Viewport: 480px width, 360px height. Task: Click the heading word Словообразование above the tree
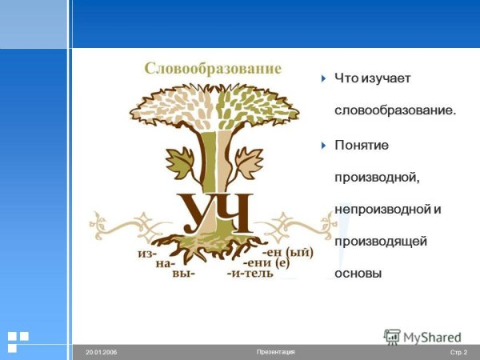coord(213,68)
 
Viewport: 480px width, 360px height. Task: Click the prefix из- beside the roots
coord(148,252)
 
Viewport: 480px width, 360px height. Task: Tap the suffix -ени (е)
coord(270,262)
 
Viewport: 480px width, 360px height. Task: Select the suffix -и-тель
coord(250,273)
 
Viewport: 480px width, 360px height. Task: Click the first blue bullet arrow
coord(323,78)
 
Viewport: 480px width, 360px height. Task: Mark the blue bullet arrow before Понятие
coord(323,145)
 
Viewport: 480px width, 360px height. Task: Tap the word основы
coord(358,273)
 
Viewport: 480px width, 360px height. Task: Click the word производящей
coord(381,241)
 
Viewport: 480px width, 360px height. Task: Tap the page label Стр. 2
coord(458,352)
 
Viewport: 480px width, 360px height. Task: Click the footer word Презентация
coord(276,352)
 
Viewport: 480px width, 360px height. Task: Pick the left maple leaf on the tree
coord(181,162)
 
